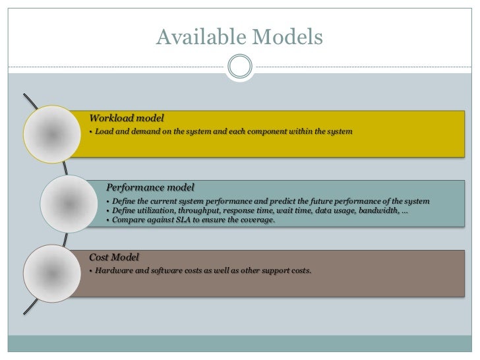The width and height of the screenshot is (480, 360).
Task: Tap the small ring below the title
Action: coord(239,66)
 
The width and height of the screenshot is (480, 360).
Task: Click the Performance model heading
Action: coord(150,187)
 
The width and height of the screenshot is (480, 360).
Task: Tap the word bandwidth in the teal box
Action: coord(378,210)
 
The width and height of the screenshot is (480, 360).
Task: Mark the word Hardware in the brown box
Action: coord(114,271)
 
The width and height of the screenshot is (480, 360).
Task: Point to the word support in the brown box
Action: coord(271,271)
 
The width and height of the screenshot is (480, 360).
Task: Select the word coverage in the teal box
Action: coord(256,220)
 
